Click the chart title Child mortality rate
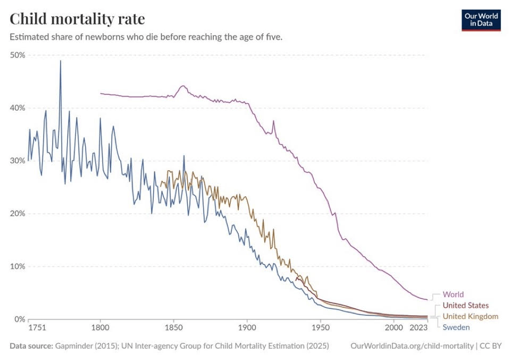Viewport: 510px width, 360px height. tap(77, 19)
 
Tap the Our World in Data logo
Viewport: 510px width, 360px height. tap(481, 20)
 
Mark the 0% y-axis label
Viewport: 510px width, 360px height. tap(20, 319)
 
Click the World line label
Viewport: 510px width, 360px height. tap(453, 295)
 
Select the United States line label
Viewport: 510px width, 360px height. tap(465, 306)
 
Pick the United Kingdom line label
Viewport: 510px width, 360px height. tap(470, 316)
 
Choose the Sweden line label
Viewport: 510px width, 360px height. tap(456, 328)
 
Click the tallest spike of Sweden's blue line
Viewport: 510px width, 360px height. tap(60, 61)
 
